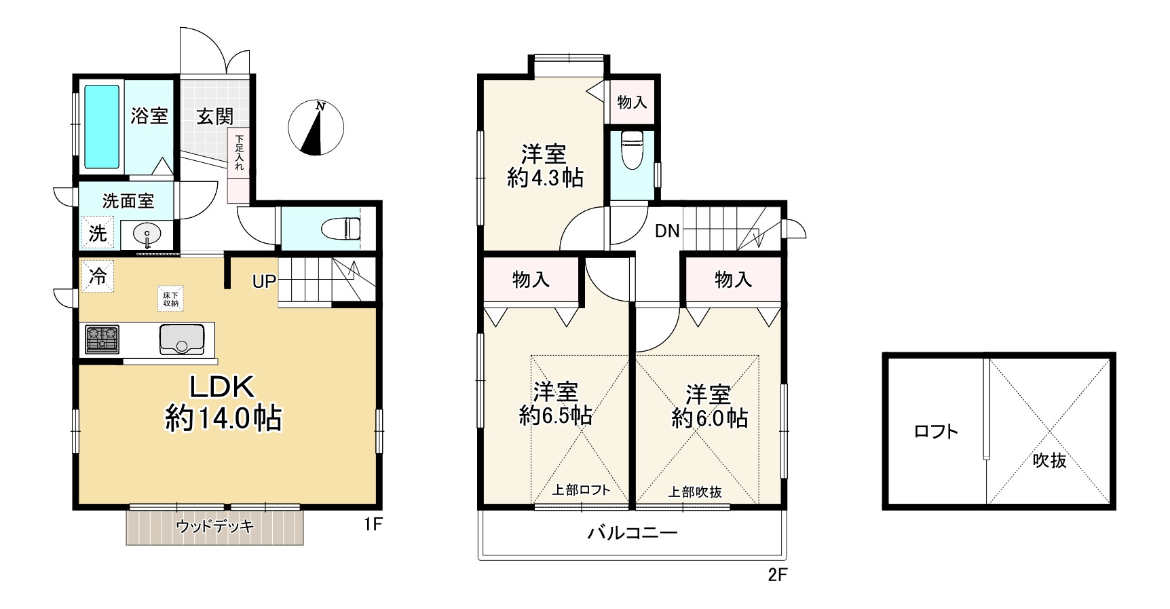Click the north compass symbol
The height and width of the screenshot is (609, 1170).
point(316,127)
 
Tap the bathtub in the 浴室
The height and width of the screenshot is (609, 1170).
point(102,126)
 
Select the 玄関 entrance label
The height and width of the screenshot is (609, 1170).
point(215,117)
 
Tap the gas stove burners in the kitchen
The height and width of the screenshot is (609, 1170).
point(102,339)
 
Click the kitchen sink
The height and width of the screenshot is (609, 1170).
point(182,339)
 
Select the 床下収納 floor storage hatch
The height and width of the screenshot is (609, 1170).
point(170,299)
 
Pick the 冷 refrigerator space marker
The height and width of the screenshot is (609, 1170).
point(98,276)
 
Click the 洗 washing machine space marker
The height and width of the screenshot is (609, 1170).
point(98,233)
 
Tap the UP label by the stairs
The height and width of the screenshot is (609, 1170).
point(264,280)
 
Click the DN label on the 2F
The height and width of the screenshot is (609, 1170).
point(667,231)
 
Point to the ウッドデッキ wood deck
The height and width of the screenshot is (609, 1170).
point(214,527)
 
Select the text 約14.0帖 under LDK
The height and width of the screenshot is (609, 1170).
point(223,418)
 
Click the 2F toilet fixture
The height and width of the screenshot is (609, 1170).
point(632,149)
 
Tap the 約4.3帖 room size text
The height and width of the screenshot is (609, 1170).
point(545,178)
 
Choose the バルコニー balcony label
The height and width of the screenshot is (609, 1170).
point(633,532)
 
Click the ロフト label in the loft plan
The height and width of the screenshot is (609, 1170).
point(936,431)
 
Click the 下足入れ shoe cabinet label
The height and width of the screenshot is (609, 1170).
point(239,153)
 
